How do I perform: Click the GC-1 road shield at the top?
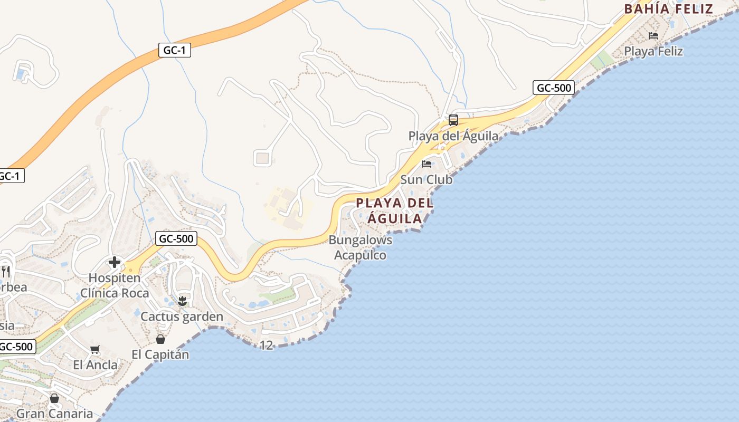tap(174, 51)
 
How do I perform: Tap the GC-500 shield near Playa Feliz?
tap(553, 88)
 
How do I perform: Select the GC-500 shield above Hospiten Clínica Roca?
tap(176, 239)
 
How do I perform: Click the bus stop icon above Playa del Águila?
tap(453, 120)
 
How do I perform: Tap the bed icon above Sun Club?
tap(427, 164)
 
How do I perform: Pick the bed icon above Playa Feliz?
tap(653, 36)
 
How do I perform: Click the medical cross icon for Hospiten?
tap(115, 262)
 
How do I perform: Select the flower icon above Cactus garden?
tap(182, 301)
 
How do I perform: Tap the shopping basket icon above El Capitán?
tap(160, 339)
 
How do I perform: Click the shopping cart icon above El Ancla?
tap(95, 349)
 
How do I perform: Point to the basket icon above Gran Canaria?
tap(54, 398)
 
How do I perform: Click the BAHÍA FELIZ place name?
tap(668, 9)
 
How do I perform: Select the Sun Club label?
tap(426, 180)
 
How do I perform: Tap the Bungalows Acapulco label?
tap(361, 248)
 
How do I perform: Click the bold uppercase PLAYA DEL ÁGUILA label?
tap(394, 210)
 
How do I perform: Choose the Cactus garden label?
tap(182, 317)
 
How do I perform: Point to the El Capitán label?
tap(160, 354)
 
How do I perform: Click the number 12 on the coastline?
tap(267, 346)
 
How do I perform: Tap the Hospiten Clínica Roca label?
tap(115, 285)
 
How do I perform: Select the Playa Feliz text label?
tap(653, 51)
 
